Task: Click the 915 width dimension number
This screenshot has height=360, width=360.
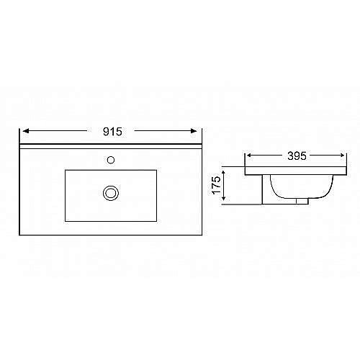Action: [111, 131]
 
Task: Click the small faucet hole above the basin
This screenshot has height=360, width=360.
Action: [111, 159]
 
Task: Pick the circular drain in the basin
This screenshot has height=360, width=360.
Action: [111, 192]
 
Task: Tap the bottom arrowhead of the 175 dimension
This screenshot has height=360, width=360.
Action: [225, 202]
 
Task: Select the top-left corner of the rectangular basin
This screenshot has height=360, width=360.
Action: [66, 171]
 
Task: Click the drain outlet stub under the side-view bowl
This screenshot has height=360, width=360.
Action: [301, 202]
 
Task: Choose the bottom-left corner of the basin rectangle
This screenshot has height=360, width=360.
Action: [66, 220]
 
